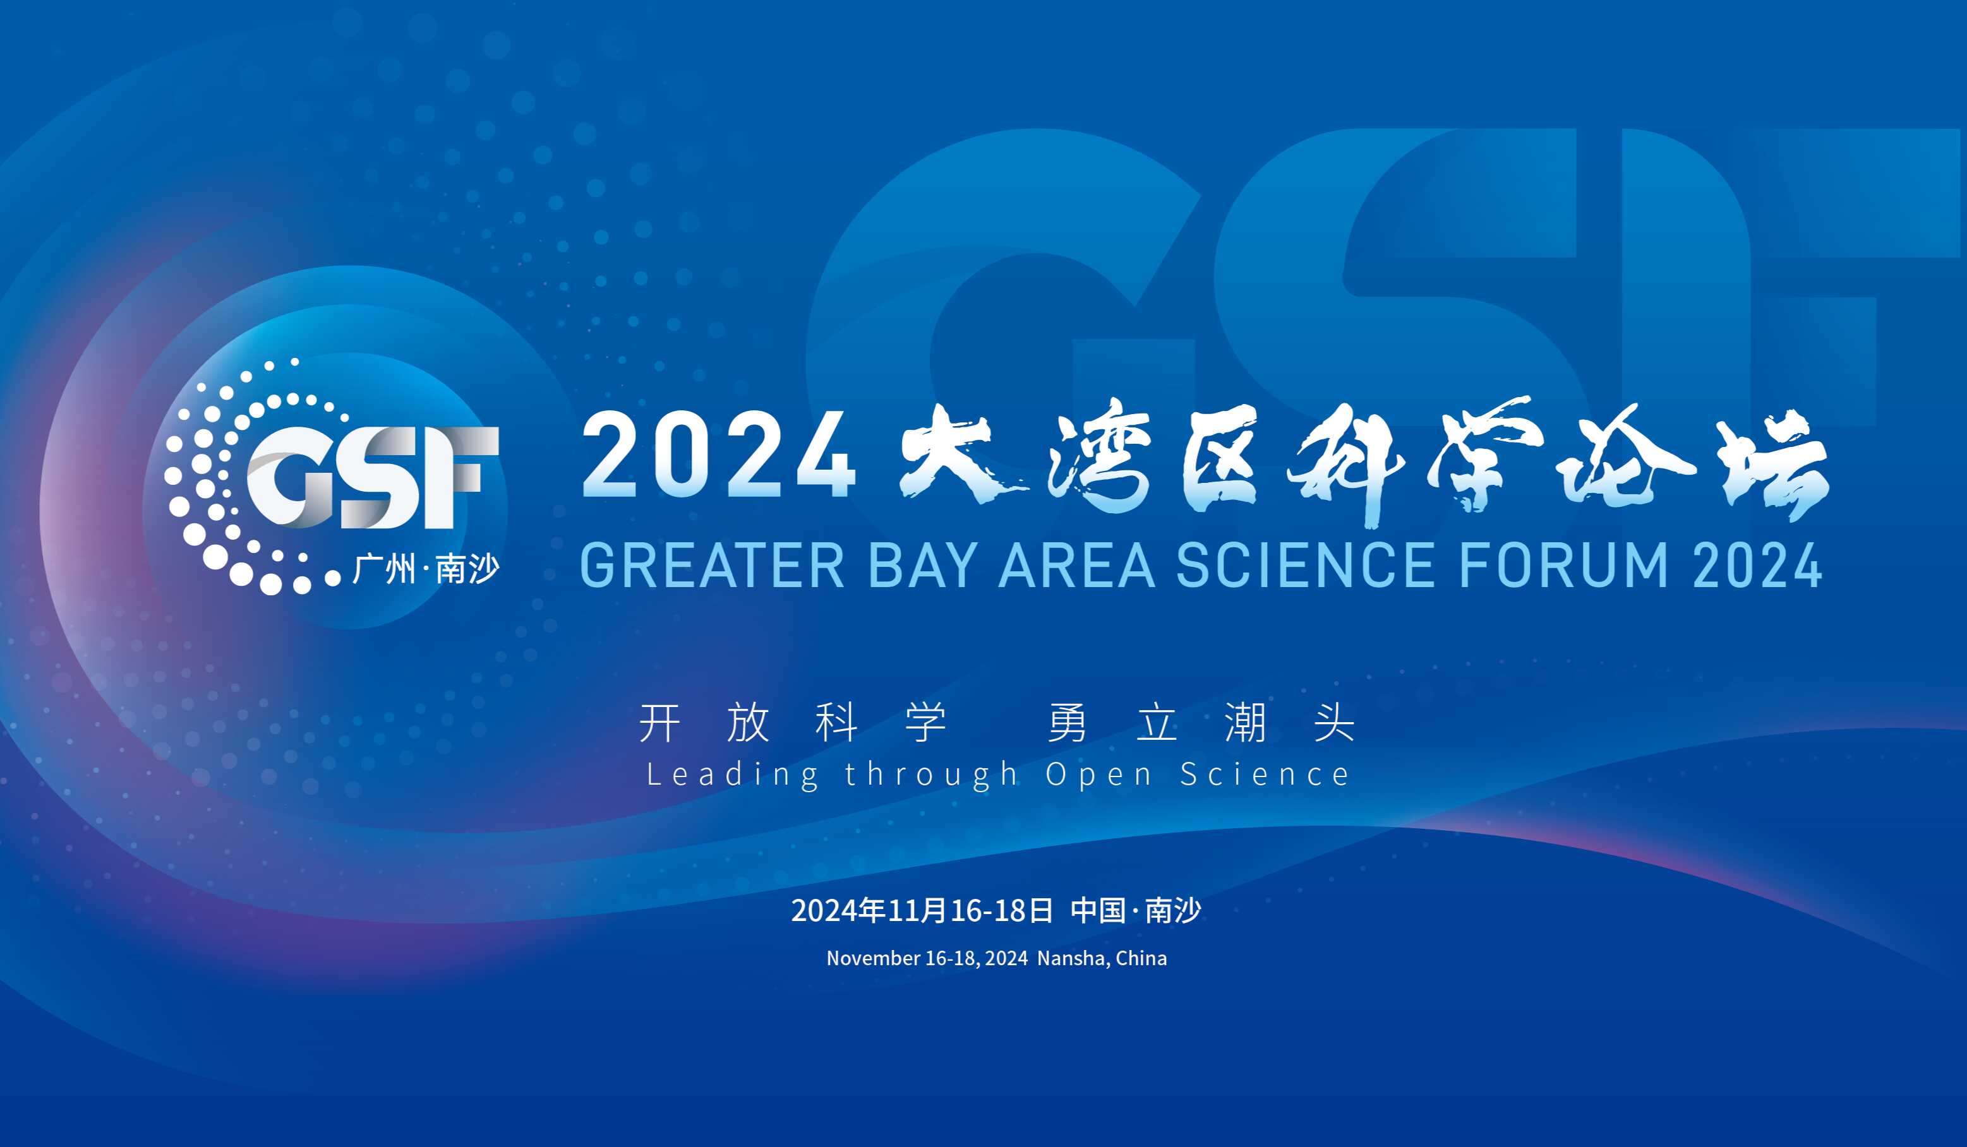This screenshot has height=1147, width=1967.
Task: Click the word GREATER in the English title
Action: pyautogui.click(x=713, y=565)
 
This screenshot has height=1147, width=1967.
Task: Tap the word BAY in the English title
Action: pyautogui.click(x=923, y=565)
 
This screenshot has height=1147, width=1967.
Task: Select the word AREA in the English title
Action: pyautogui.click(x=1077, y=565)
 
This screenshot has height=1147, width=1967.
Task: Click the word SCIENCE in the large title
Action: pyautogui.click(x=1305, y=565)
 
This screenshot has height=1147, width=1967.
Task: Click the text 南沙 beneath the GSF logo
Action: pyautogui.click(x=467, y=569)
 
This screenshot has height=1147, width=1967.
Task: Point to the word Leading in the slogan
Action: pyautogui.click(x=733, y=775)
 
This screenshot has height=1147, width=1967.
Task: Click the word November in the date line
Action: pyautogui.click(x=874, y=958)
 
